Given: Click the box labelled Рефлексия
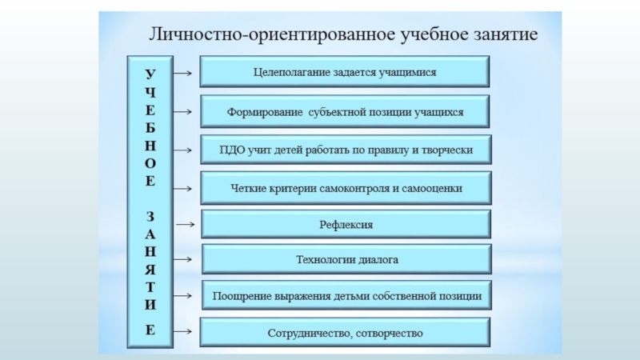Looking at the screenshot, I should click(x=345, y=225).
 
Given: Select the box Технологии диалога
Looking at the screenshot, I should click(x=345, y=260).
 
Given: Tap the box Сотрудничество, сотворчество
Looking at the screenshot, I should click(x=345, y=332).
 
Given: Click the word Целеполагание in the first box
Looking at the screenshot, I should click(x=286, y=72).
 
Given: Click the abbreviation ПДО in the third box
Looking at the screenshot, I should click(x=222, y=150).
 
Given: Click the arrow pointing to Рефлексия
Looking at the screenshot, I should click(x=185, y=225).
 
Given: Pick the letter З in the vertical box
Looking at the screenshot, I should click(x=150, y=217).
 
